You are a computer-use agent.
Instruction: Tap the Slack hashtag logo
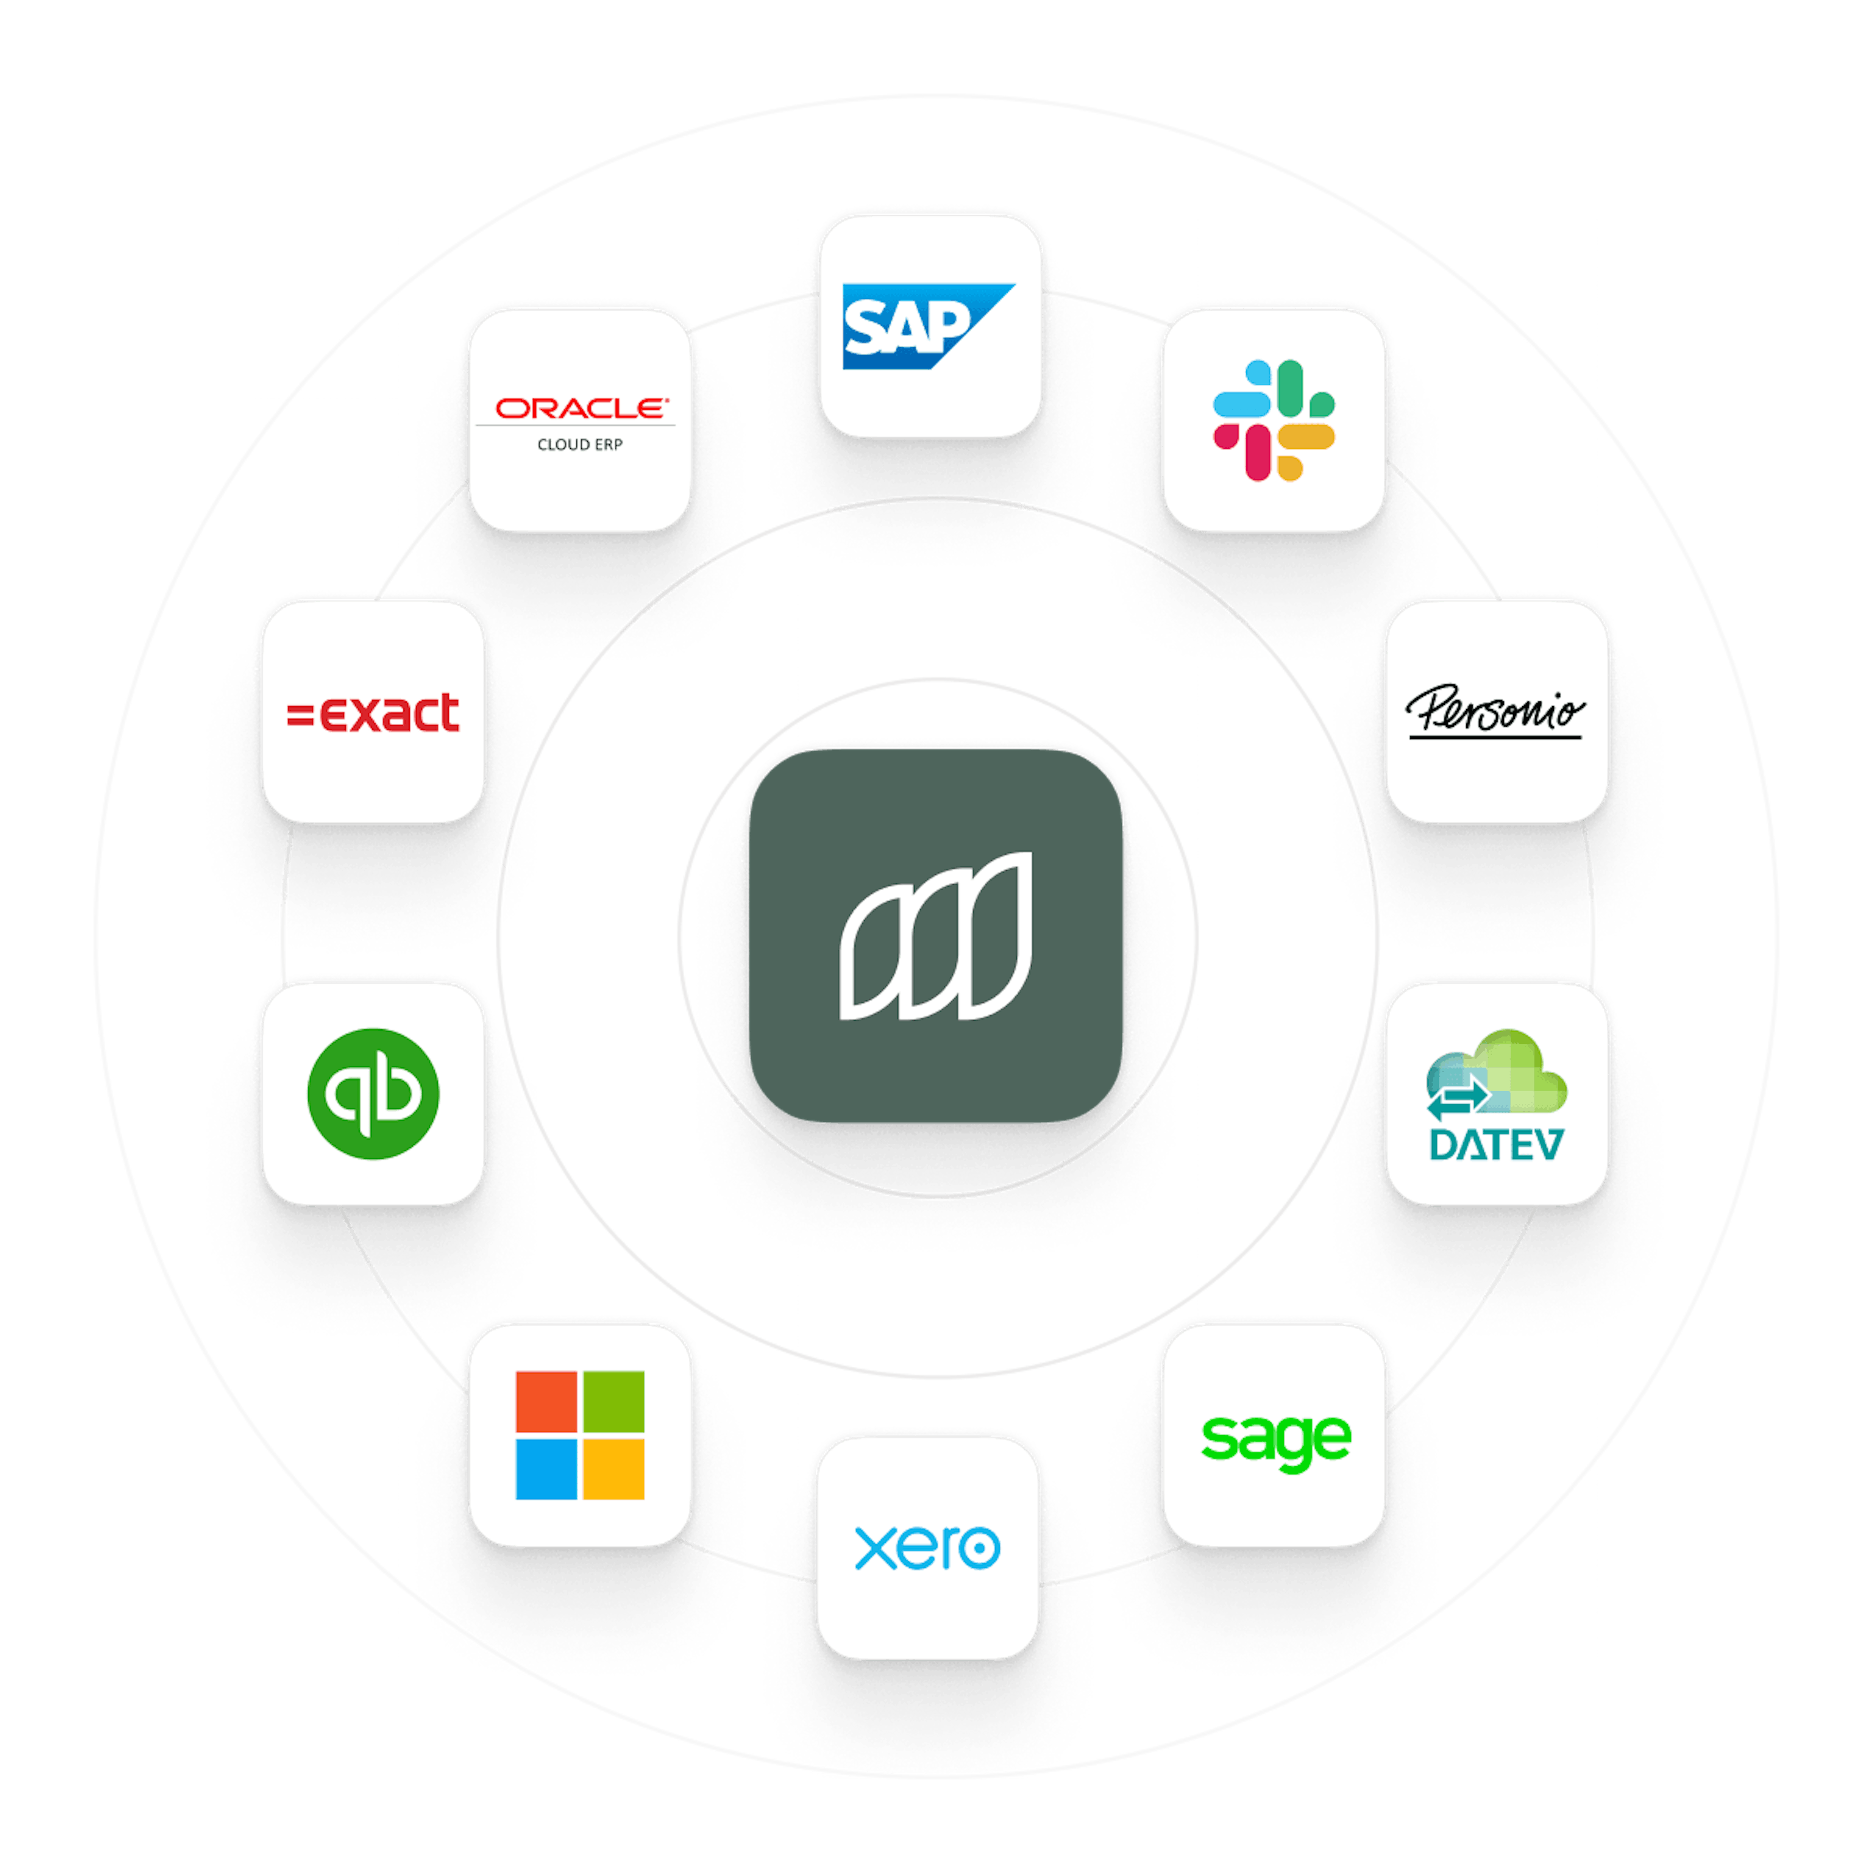point(1274,420)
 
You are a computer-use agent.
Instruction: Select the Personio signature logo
point(1496,711)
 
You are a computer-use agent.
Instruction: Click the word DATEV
point(1496,1144)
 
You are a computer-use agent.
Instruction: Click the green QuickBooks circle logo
point(373,1094)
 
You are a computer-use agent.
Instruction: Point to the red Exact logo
point(373,713)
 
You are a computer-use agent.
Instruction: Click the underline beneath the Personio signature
point(1496,737)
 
